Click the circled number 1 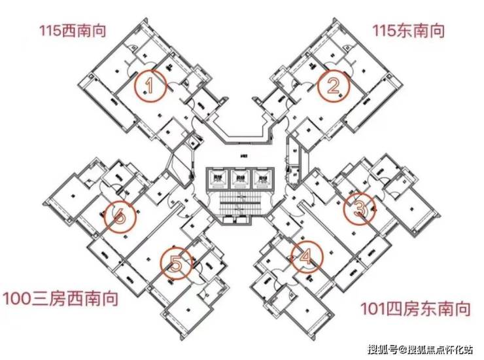(x=150, y=86)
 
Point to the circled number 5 (x=176, y=264)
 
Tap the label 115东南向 (x=409, y=30)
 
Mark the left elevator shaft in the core (x=218, y=177)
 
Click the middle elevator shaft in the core (x=241, y=177)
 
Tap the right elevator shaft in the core (x=262, y=177)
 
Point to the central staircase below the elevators (x=241, y=203)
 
